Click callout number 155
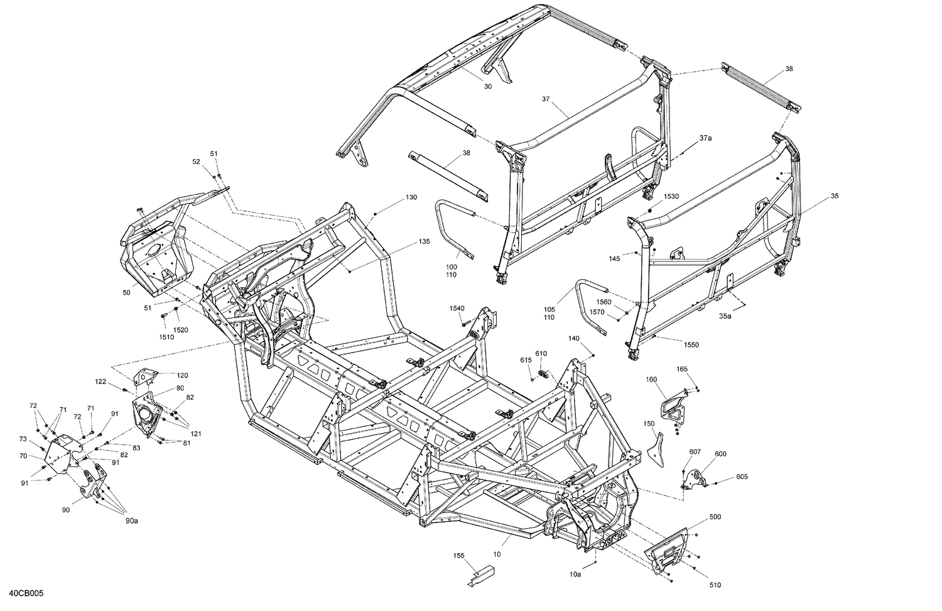[x=460, y=556]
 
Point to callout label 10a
[x=575, y=574]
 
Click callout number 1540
[x=457, y=308]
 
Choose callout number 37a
[x=705, y=138]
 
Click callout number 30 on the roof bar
[x=488, y=87]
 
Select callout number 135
[x=425, y=242]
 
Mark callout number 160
[x=651, y=379]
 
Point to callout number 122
[x=100, y=381]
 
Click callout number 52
[x=196, y=162]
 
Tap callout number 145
[x=614, y=258]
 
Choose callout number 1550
[x=691, y=345]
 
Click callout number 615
[x=526, y=360]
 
